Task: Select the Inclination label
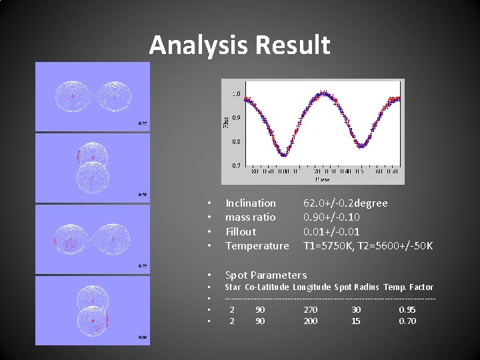[x=251, y=203]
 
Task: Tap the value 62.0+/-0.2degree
[x=345, y=203]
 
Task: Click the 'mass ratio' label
[x=250, y=217]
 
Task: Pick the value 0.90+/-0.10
[x=331, y=217]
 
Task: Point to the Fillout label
[x=241, y=231]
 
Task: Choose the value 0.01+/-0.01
[x=331, y=231]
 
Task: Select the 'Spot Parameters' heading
[x=266, y=275]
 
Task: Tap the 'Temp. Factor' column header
[x=408, y=287]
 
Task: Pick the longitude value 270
[x=310, y=309]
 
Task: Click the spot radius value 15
[x=356, y=321]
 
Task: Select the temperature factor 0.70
[x=407, y=321]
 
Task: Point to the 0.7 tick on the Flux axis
[x=236, y=165]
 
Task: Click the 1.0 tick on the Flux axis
[x=236, y=94]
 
